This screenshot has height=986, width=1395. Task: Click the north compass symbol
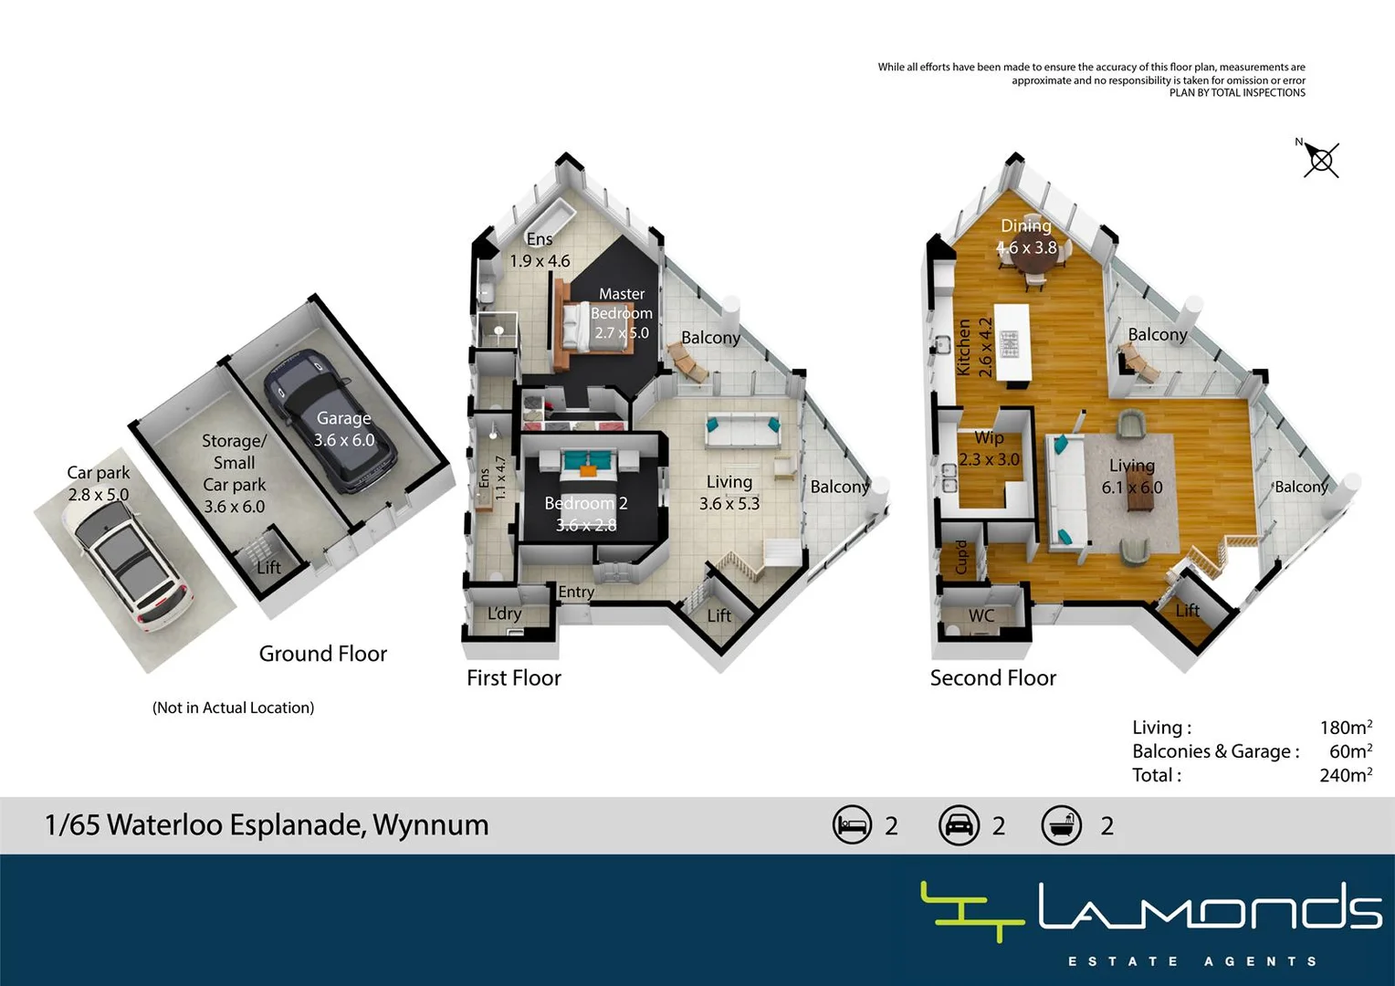tap(1320, 161)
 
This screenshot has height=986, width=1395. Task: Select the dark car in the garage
tap(330, 422)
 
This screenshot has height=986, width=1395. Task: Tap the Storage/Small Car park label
tap(234, 473)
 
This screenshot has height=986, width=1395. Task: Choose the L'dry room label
tap(504, 614)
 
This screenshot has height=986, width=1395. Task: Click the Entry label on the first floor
tap(576, 592)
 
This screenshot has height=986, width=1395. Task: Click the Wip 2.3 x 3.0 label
tap(989, 449)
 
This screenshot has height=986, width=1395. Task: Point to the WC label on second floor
tap(981, 615)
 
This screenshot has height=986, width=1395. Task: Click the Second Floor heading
tap(992, 677)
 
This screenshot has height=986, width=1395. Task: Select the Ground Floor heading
tap(322, 654)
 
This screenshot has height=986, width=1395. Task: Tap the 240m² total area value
tap(1345, 775)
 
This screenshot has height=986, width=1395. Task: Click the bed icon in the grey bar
tap(852, 825)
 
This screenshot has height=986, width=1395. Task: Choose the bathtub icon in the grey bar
tap(1061, 825)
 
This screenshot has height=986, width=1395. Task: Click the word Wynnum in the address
tap(430, 824)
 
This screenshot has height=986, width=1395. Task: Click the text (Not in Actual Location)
tap(233, 708)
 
